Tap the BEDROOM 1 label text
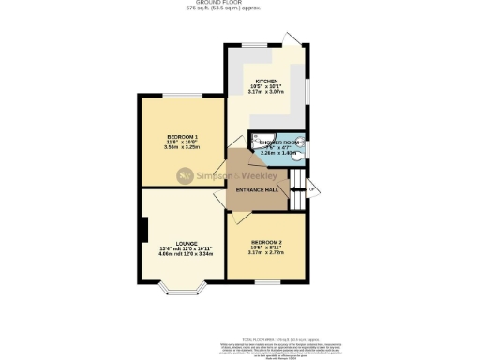[x=181, y=137]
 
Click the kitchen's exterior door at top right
[x=294, y=40]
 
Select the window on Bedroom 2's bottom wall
[x=268, y=279]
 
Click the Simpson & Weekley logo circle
[x=187, y=173]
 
